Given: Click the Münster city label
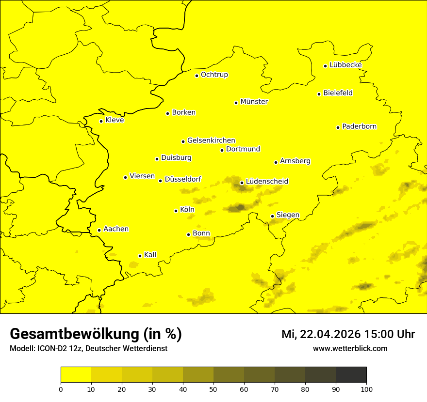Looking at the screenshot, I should pos(254,102).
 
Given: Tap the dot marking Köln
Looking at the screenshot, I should pos(176,211).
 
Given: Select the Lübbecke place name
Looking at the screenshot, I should pos(345,65).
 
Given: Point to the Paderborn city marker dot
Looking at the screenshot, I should pos(338,127).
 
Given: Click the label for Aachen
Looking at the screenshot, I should pos(116,229).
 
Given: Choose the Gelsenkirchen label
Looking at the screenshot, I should pos(211,140).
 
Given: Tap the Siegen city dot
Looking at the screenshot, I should pos(272,216).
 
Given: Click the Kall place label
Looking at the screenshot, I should pos(150,255).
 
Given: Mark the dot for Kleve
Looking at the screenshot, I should pos(101,121).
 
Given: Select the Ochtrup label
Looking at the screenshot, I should pos(214,75).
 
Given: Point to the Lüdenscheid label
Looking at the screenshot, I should pos(267,182).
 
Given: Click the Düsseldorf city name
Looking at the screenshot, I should pos(182,180).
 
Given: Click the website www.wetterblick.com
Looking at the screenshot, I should pos(350,349).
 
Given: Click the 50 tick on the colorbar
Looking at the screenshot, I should pos(213,389).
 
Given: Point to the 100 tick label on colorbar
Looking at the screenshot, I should pos(366,389).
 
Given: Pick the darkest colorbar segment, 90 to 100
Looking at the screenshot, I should pos(351,375).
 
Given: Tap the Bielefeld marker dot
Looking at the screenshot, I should pos(319,94).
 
